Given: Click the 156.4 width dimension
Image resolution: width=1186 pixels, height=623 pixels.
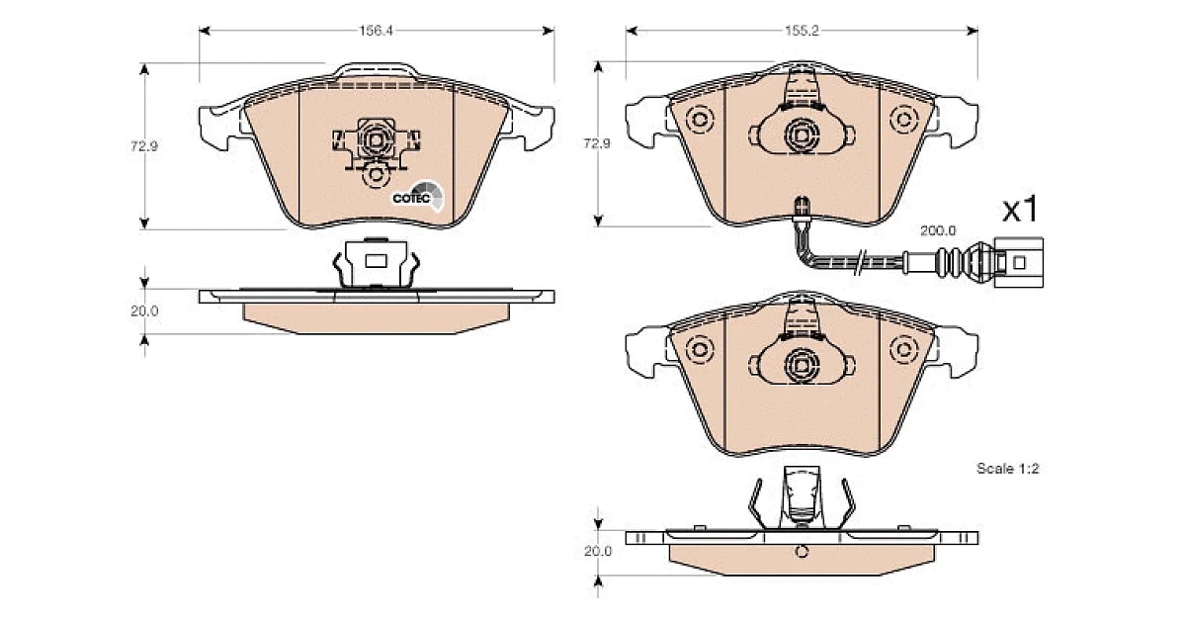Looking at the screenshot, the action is (x=376, y=31).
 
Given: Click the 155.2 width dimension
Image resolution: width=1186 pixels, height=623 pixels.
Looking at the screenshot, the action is (x=802, y=31).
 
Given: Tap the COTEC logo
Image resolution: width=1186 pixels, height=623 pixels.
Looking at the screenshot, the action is (x=418, y=197).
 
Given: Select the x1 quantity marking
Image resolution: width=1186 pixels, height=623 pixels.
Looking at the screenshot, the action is (x=1020, y=210).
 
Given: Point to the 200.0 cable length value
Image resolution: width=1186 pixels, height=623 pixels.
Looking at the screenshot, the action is (x=938, y=231).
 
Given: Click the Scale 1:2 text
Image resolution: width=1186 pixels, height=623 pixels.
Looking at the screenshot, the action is (x=1007, y=469).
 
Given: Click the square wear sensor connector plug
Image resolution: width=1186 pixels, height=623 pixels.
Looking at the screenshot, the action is (x=1019, y=262).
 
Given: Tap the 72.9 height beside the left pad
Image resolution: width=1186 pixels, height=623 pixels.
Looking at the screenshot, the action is (x=144, y=145).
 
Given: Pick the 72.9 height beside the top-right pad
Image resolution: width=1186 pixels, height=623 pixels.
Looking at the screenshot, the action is (x=597, y=143).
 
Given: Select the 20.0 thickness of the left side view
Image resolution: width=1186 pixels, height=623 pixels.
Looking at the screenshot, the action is (x=144, y=311).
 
